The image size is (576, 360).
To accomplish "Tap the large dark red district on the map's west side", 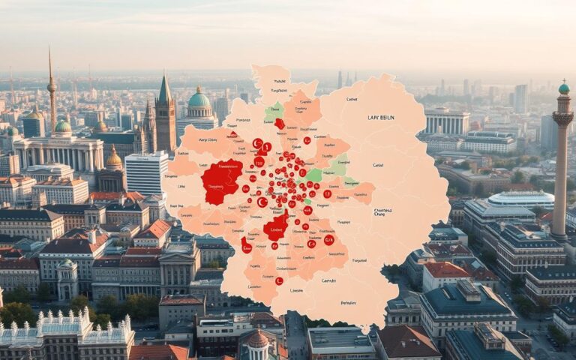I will pyautogui.click(x=221, y=181).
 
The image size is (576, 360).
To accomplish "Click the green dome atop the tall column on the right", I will pyautogui.click(x=563, y=88).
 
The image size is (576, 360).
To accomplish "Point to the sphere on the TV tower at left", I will pyautogui.click(x=52, y=86).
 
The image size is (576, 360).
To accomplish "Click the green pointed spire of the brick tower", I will pyautogui.click(x=164, y=90).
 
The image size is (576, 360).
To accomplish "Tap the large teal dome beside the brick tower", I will pyautogui.click(x=199, y=99).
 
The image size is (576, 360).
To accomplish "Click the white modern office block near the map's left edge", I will pyautogui.click(x=145, y=172).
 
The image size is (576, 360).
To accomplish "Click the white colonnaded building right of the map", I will pyautogui.click(x=446, y=121).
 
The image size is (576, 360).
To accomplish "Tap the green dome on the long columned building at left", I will pyautogui.click(x=63, y=127).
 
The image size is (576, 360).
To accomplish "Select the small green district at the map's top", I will pyautogui.click(x=274, y=112).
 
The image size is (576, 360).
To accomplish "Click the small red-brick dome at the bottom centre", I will pyautogui.click(x=257, y=339).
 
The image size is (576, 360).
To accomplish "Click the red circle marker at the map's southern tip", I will pyautogui.click(x=279, y=281).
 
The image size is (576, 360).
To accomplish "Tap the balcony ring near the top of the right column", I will pyautogui.click(x=562, y=118).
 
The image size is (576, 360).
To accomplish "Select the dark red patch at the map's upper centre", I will pyautogui.click(x=279, y=124).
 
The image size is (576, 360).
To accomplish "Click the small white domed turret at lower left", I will pyautogui.click(x=67, y=265).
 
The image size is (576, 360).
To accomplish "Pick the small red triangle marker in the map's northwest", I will pyautogui.click(x=232, y=134).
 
